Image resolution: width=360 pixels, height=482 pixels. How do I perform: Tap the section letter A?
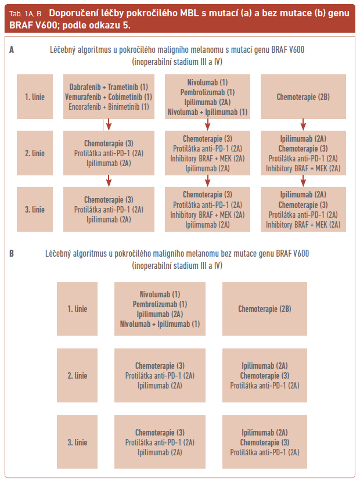12,51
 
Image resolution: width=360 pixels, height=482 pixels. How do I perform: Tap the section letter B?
12,254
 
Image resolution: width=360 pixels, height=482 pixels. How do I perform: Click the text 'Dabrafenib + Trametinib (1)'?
109,87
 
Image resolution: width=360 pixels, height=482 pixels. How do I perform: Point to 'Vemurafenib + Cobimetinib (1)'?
109,96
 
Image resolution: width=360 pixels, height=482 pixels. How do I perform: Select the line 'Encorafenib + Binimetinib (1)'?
109,106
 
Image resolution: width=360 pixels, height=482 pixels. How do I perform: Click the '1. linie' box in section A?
35,97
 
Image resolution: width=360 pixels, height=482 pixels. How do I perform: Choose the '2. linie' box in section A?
35,153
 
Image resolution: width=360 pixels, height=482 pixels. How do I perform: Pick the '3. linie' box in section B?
77,442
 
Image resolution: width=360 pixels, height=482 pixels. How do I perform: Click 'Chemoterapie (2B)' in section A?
303,97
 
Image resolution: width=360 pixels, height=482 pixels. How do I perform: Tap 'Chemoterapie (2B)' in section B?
265,309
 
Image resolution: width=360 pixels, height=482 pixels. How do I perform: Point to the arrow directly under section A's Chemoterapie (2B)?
303,124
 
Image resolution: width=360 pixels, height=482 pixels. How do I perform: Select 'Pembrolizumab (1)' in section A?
208,92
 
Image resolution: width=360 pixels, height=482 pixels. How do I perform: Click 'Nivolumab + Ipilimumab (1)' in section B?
160,324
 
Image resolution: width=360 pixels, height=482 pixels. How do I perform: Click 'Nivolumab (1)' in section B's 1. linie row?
160,294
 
